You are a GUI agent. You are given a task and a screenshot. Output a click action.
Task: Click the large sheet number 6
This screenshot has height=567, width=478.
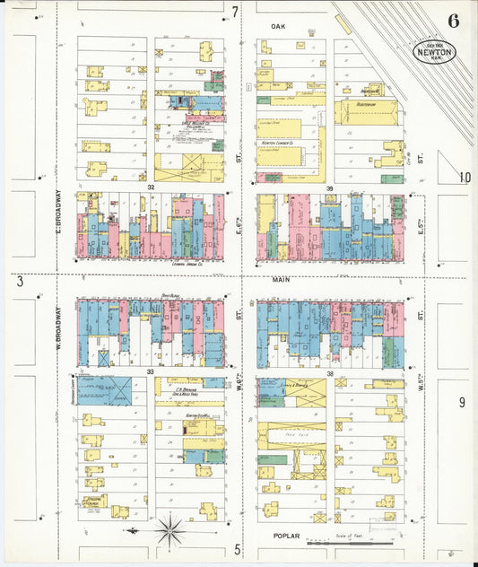click(453, 22)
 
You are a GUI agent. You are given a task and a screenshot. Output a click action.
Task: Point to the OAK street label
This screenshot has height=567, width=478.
click(278, 27)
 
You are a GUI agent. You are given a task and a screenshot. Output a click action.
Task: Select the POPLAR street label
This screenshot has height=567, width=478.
click(285, 535)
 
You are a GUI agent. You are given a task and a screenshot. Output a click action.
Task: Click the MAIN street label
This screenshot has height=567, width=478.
click(281, 280)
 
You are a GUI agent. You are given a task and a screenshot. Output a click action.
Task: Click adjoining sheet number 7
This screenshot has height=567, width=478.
click(235, 12)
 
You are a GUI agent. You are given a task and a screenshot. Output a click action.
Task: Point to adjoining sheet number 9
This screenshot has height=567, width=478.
click(462, 403)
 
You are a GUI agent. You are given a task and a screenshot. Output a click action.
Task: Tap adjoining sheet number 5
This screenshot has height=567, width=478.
click(237, 548)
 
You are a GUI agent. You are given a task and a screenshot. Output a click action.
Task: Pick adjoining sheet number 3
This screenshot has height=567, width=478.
click(19, 282)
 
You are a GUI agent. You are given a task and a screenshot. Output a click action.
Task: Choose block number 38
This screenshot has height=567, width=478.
click(329, 371)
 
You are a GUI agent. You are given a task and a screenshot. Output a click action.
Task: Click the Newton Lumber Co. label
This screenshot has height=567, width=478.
click(279, 142)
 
